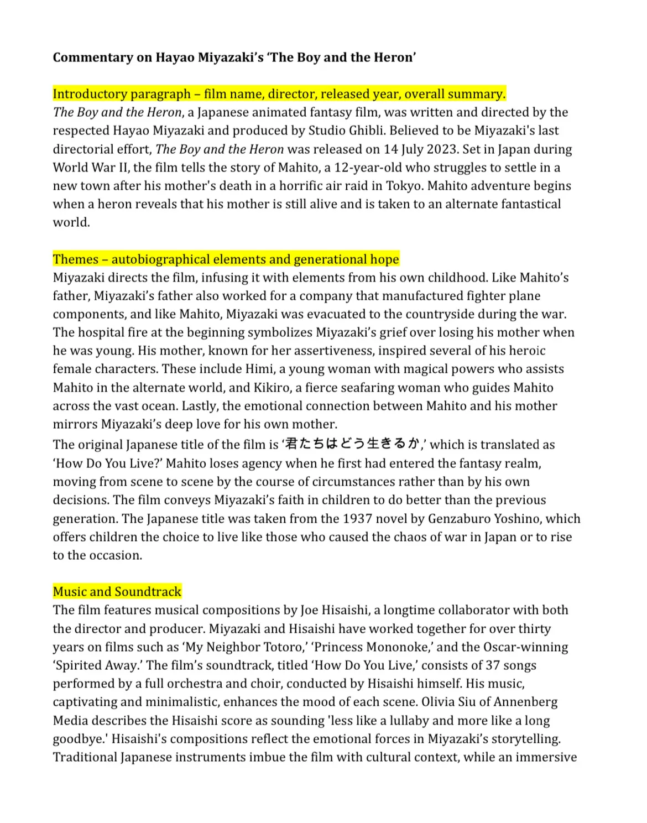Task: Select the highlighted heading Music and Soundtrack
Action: [x=117, y=592]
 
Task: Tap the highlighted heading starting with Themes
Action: [x=226, y=259]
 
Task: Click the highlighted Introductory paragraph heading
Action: [x=279, y=94]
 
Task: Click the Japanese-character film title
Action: [x=353, y=444]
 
